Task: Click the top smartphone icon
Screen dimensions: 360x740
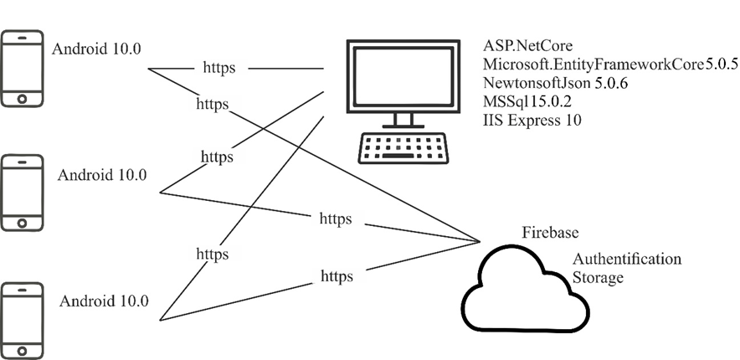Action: (x=23, y=69)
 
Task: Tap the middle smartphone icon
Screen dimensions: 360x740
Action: (x=23, y=192)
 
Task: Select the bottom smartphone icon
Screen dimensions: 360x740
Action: (x=23, y=321)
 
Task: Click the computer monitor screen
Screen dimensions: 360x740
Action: (x=404, y=75)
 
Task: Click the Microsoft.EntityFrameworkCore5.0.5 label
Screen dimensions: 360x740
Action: (x=610, y=64)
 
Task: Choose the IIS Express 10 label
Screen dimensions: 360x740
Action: (x=532, y=120)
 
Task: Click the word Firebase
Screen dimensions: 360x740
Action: (x=550, y=232)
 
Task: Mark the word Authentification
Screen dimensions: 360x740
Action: (x=627, y=259)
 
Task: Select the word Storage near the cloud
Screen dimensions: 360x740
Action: (x=598, y=277)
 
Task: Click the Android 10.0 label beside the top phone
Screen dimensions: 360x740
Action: (x=96, y=48)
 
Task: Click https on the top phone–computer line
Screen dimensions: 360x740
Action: (x=218, y=68)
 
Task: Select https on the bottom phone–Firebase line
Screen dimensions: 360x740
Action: (x=337, y=275)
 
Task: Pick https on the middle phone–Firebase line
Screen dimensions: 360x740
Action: (x=336, y=219)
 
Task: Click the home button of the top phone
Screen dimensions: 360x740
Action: (x=23, y=98)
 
